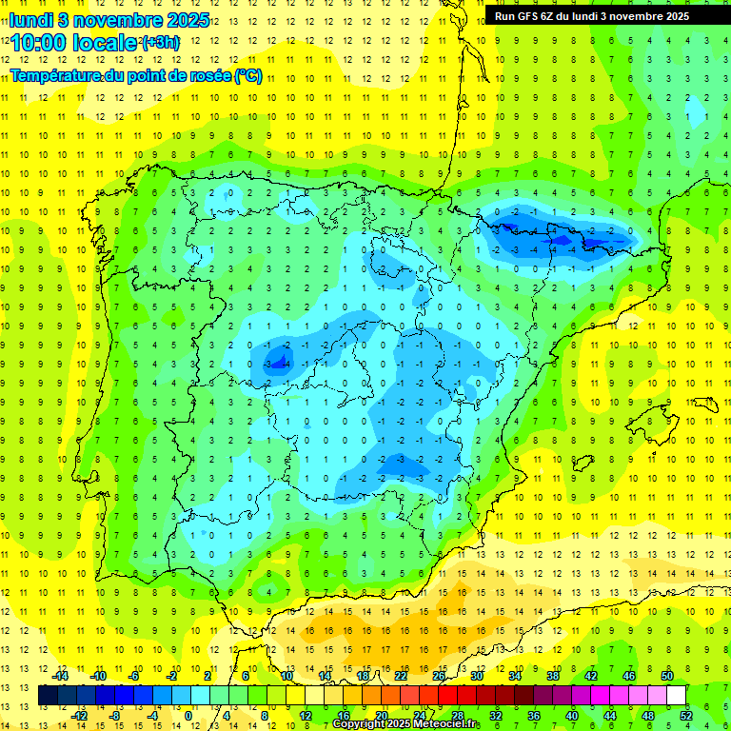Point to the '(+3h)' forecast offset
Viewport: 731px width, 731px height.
[x=159, y=42]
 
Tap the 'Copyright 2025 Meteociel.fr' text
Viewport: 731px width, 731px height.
[x=406, y=724]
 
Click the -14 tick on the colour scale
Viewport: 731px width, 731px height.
[x=61, y=676]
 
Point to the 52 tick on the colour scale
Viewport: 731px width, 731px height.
[x=686, y=715]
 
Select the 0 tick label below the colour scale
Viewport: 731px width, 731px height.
[x=188, y=715]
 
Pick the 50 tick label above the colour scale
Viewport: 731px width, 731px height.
[x=667, y=676]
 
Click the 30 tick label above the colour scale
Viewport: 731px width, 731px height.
[x=477, y=676]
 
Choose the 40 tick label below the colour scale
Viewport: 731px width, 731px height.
[x=572, y=715]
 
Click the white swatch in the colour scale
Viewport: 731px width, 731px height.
[x=676, y=696]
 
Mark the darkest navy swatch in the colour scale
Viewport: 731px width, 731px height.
[x=49, y=696]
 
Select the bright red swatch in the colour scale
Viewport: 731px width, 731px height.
[x=447, y=696]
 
